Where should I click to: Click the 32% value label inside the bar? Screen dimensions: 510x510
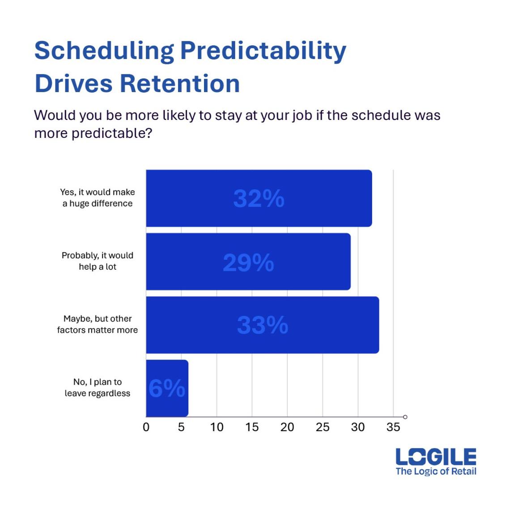point(259,199)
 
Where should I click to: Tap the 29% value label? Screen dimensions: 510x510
point(248,263)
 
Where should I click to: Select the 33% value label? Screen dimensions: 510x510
point(262,325)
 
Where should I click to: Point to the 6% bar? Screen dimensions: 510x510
point(167,388)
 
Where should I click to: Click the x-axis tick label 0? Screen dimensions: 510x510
point(146,427)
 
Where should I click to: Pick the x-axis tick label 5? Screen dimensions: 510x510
point(181,427)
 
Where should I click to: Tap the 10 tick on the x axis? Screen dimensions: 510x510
point(217,427)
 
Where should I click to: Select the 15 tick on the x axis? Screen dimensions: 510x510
point(252,427)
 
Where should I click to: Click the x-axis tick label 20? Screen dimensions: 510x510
point(287,427)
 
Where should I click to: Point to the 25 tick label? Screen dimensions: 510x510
point(323,427)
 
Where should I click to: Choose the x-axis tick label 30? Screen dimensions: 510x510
point(358,427)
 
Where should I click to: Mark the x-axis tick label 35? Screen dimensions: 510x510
point(393,427)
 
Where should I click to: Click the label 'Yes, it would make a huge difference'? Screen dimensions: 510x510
point(98,198)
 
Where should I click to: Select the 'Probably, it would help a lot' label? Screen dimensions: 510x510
point(98,261)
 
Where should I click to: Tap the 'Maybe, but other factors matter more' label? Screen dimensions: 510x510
point(98,324)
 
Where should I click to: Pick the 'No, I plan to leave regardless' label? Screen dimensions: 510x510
point(98,387)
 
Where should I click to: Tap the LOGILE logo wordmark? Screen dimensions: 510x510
point(436,457)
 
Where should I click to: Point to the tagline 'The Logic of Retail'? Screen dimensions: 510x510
point(436,471)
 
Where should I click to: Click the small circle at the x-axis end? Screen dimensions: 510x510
point(405,417)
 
